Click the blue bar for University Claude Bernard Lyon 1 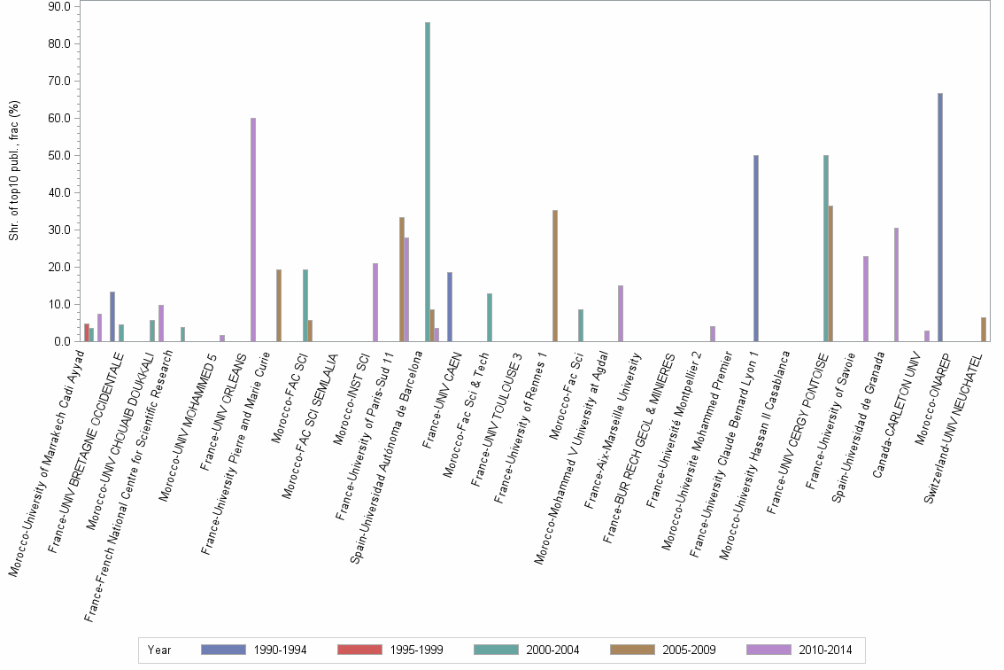click(x=756, y=248)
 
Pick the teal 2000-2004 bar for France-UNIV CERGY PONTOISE click(x=826, y=248)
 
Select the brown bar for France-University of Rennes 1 click(x=555, y=276)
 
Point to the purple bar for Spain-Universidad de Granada click(x=896, y=284)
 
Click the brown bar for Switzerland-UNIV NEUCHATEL click(x=984, y=330)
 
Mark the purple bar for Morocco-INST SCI click(x=375, y=302)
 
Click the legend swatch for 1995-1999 click(x=360, y=651)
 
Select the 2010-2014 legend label click(x=826, y=651)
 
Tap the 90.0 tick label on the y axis click(x=59, y=7)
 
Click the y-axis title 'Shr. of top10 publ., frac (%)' click(x=13, y=171)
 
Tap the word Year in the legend click(x=160, y=651)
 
